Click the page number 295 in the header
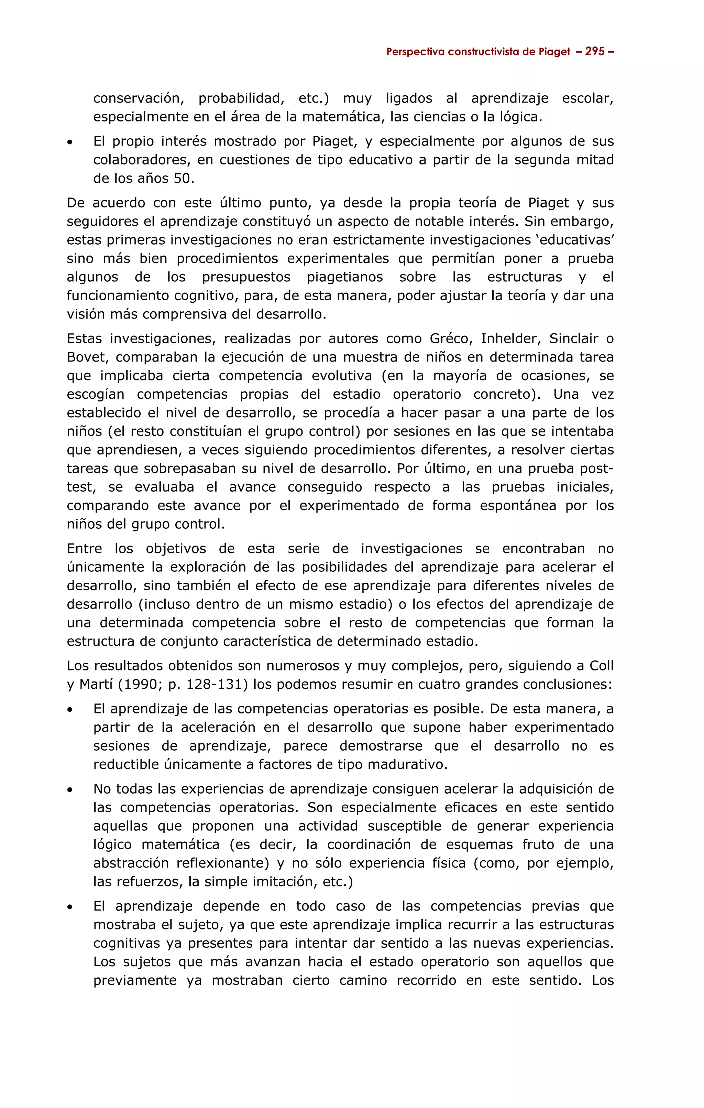click(595, 52)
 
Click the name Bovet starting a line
click(86, 357)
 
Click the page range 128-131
click(213, 685)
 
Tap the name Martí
click(96, 685)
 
